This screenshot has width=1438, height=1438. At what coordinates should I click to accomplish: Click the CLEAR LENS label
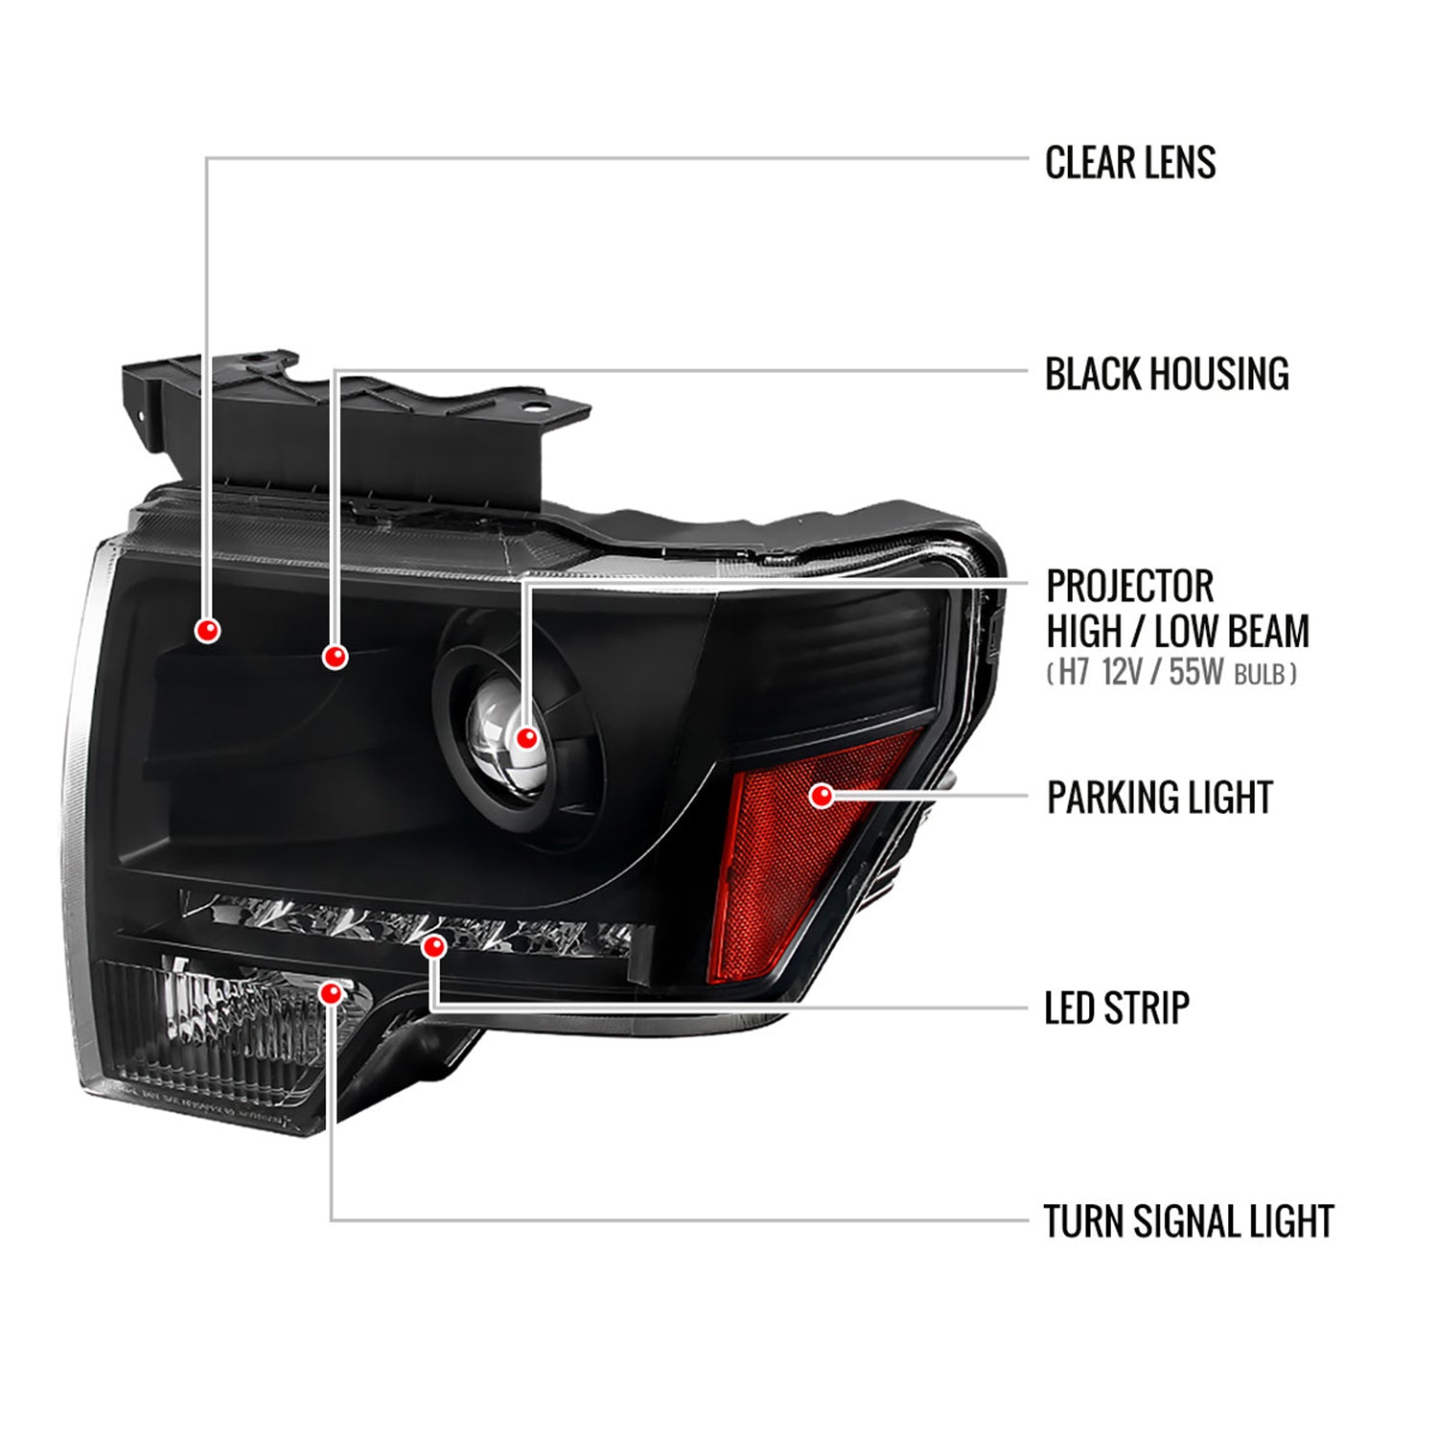pyautogui.click(x=1129, y=163)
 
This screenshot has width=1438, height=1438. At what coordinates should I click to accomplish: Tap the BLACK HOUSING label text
pyautogui.click(x=1166, y=374)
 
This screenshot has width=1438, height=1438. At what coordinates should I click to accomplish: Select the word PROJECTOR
pyautogui.click(x=1129, y=586)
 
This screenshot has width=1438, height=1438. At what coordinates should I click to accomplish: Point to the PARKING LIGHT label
pyautogui.click(x=1159, y=798)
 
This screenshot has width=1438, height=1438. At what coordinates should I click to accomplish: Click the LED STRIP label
pyautogui.click(x=1116, y=1008)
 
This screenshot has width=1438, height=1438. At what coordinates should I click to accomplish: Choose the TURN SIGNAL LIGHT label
pyautogui.click(x=1188, y=1221)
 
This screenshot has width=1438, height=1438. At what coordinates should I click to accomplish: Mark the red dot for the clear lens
pyautogui.click(x=207, y=630)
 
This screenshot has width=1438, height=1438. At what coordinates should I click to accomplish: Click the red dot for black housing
pyautogui.click(x=335, y=657)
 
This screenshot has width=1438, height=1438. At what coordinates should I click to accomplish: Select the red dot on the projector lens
pyautogui.click(x=525, y=738)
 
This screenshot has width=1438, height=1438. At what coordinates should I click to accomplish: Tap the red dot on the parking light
pyautogui.click(x=822, y=795)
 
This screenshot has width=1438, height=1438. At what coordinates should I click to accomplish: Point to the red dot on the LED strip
pyautogui.click(x=434, y=947)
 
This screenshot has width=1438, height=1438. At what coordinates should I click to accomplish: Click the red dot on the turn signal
pyautogui.click(x=331, y=992)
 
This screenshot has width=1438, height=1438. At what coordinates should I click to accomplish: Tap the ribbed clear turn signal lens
pyautogui.click(x=220, y=1035)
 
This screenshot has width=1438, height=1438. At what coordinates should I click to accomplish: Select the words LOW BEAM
pyautogui.click(x=1231, y=632)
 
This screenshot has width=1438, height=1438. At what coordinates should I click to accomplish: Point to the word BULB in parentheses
pyautogui.click(x=1259, y=675)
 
